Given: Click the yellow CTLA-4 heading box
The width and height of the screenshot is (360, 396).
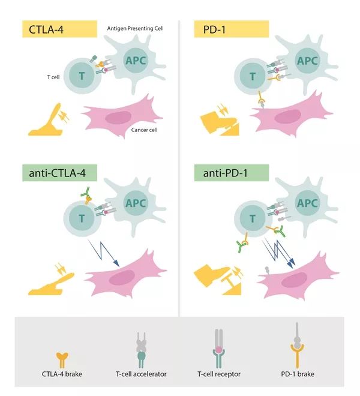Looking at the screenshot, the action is pos(59,29).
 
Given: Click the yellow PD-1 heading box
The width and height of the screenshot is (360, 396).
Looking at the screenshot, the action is pos(232,29).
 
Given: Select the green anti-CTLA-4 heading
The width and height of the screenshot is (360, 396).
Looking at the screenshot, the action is pos(59,173).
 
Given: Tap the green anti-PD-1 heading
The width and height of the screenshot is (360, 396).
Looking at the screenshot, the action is pos(232,173).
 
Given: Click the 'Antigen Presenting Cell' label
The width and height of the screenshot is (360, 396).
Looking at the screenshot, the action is pos(135,28).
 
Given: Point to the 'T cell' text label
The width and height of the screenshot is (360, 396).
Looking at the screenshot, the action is pos(53,77).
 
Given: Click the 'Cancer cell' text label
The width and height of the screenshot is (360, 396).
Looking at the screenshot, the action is pos(144,130).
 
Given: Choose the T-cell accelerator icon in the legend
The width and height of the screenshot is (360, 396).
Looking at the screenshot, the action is pos(141,350).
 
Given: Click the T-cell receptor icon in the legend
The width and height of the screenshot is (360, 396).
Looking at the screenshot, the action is pos(219,349).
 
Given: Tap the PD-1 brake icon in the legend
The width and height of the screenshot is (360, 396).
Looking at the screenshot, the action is pos(298,345).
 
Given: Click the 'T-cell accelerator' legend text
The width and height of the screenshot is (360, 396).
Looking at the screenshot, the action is pos(141,374).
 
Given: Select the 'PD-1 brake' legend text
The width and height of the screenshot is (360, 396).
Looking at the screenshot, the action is pos(298,374).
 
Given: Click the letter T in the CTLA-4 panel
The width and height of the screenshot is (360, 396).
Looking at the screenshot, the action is pos(82,76).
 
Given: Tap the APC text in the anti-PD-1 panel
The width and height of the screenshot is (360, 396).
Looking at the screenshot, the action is pos(307,203).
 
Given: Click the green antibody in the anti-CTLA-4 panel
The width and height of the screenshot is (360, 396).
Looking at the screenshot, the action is pos(86,193).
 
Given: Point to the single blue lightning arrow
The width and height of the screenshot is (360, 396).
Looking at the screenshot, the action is pos(104,253).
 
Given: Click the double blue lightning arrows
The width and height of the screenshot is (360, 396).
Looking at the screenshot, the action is pos(278,253).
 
